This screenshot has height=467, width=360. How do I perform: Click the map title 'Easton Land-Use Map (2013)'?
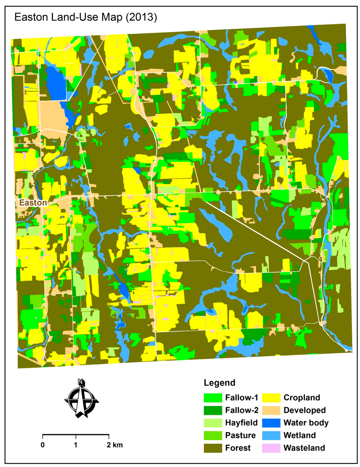coord(85,17)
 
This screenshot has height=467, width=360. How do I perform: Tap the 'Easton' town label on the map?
coord(33,203)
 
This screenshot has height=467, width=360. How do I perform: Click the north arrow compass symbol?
coord(82,399)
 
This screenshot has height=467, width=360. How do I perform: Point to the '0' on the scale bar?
coord(43,445)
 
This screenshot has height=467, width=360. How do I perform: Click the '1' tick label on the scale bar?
coord(76,445)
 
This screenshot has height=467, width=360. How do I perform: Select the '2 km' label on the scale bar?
coord(115,445)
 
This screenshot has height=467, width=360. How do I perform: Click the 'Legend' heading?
coord(219,383)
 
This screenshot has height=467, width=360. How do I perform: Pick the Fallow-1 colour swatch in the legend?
coord(213,398)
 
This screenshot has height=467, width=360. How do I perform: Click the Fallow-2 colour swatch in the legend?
coord(213,410)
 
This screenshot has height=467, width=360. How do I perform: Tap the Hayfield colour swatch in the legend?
coord(213,423)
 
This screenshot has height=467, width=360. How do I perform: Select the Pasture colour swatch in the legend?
coord(213,435)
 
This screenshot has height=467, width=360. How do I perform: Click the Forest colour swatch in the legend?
coord(213,448)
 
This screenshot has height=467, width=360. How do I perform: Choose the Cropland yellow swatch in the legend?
coord(271,398)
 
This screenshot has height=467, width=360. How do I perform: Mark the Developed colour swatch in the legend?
coord(271,410)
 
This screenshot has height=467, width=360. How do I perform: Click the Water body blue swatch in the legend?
coord(271,423)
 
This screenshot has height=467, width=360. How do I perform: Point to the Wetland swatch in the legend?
coord(271,435)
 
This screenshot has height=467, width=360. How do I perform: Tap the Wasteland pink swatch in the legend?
coord(271,448)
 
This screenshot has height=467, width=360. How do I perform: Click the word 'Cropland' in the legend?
coord(302,398)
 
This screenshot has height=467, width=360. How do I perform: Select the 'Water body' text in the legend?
coord(306,423)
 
